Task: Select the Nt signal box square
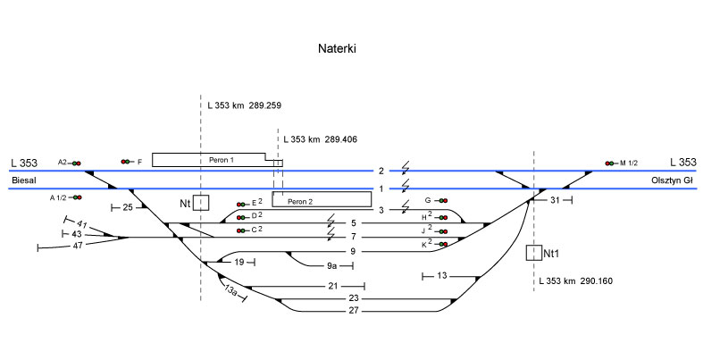point(202,203)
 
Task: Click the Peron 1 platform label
point(221,160)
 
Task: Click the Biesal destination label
point(24,180)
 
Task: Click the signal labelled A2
point(76,163)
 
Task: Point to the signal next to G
point(442,200)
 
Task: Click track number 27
point(354,310)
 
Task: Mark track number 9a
point(331,265)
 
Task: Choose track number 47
point(78,244)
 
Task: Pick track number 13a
point(230,289)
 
